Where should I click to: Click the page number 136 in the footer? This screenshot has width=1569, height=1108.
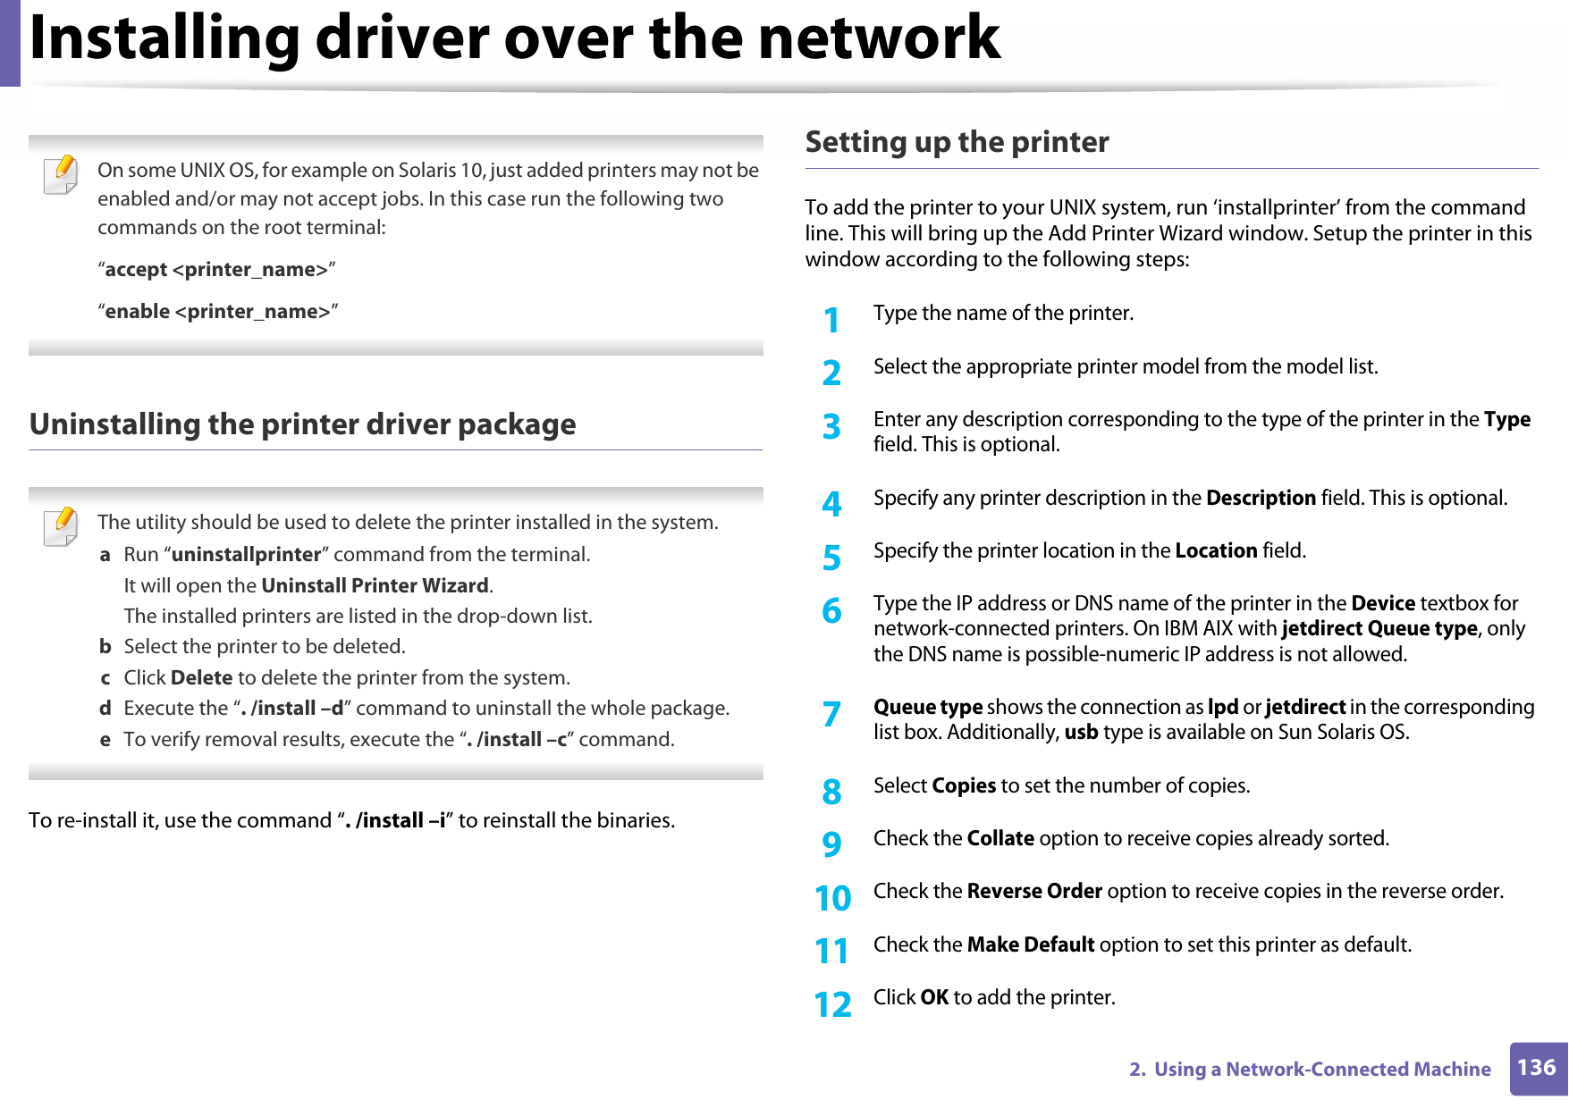pyautogui.click(x=1537, y=1068)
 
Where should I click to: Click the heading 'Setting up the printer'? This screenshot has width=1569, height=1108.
pyautogui.click(x=957, y=142)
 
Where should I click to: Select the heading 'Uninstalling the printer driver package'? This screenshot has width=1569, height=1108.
pyautogui.click(x=302, y=424)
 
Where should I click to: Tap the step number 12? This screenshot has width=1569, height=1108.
pyautogui.click(x=832, y=1004)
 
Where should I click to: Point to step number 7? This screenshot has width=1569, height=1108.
pyautogui.click(x=831, y=714)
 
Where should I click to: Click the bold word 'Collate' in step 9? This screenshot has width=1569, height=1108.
pyautogui.click(x=1000, y=839)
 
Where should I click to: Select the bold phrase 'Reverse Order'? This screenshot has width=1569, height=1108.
pyautogui.click(x=1034, y=892)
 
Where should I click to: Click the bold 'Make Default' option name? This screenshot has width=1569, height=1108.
pyautogui.click(x=1031, y=945)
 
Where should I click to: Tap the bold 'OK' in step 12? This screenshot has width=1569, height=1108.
pyautogui.click(x=934, y=998)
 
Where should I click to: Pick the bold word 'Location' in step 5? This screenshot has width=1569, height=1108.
pyautogui.click(x=1216, y=551)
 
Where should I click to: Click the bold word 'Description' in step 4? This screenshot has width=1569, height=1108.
pyautogui.click(x=1261, y=499)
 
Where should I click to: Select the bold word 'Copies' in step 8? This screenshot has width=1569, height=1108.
pyautogui.click(x=964, y=786)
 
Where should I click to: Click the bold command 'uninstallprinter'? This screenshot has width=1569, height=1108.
pyautogui.click(x=246, y=555)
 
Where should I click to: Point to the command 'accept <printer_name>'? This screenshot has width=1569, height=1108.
pyautogui.click(x=216, y=270)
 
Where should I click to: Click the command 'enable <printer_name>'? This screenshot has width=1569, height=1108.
pyautogui.click(x=217, y=312)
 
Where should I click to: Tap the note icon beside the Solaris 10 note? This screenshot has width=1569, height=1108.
pyautogui.click(x=61, y=175)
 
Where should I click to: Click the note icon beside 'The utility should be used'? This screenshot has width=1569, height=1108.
pyautogui.click(x=61, y=526)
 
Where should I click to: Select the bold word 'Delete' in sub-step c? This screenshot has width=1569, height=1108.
pyautogui.click(x=201, y=678)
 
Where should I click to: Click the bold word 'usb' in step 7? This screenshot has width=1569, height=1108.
pyautogui.click(x=1081, y=733)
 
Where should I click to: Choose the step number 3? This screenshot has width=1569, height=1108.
pyautogui.click(x=831, y=427)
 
